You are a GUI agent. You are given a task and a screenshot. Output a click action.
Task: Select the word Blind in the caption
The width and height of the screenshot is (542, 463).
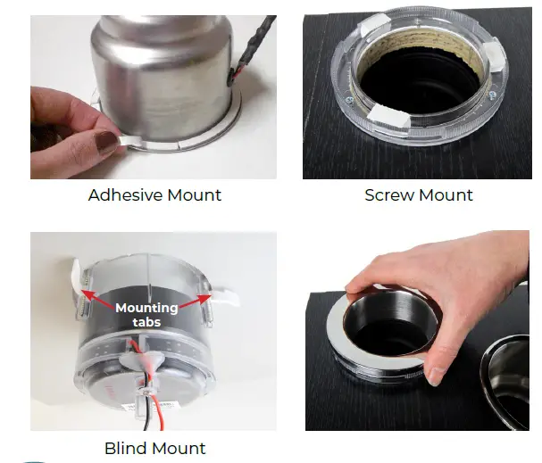click(x=127, y=448)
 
